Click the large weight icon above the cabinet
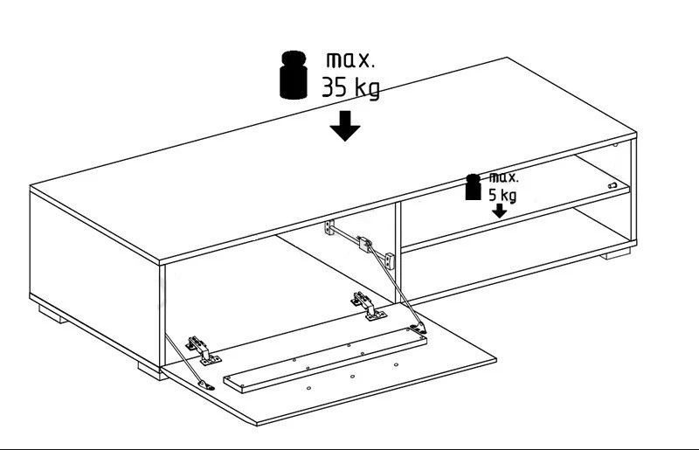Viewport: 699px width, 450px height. pos(294,75)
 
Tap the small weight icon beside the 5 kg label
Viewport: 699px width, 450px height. pos(473,187)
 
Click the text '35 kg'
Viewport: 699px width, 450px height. pos(351,87)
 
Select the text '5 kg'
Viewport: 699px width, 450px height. pos(502,196)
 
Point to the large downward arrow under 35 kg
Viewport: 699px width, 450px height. pos(345,126)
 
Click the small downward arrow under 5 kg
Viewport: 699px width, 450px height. pos(499,211)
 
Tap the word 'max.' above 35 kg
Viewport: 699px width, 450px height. pos(350,60)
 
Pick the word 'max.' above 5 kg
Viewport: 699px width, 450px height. pos(504,177)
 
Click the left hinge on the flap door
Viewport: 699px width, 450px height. pos(204,350)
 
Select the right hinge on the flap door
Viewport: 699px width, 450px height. pos(368,306)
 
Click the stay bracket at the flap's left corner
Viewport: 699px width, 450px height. pos(205,384)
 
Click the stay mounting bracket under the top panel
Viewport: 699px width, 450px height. pos(329,227)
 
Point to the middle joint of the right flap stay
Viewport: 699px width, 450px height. pos(365,244)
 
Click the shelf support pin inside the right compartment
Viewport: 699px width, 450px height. pos(612,185)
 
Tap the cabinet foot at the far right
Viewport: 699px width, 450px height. pos(615,254)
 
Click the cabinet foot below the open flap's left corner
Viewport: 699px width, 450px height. pos(152,371)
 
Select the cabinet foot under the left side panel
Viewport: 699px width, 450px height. pos(52,315)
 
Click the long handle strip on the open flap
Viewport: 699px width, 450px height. pos(325,360)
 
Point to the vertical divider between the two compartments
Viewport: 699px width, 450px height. pos(398,252)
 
